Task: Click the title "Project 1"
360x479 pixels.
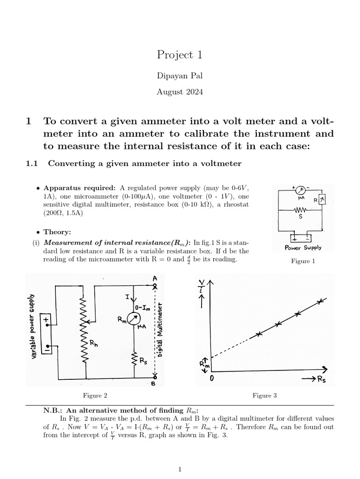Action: click(x=180, y=55)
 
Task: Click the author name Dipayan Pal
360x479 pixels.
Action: click(x=180, y=76)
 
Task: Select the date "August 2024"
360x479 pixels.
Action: click(x=180, y=92)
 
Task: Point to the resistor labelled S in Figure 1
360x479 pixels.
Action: click(x=300, y=210)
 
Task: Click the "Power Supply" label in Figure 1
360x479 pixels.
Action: click(x=302, y=247)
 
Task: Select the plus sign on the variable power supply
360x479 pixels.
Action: click(x=47, y=320)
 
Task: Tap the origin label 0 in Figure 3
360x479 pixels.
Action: click(x=212, y=377)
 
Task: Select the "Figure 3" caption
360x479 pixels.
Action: click(x=265, y=395)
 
